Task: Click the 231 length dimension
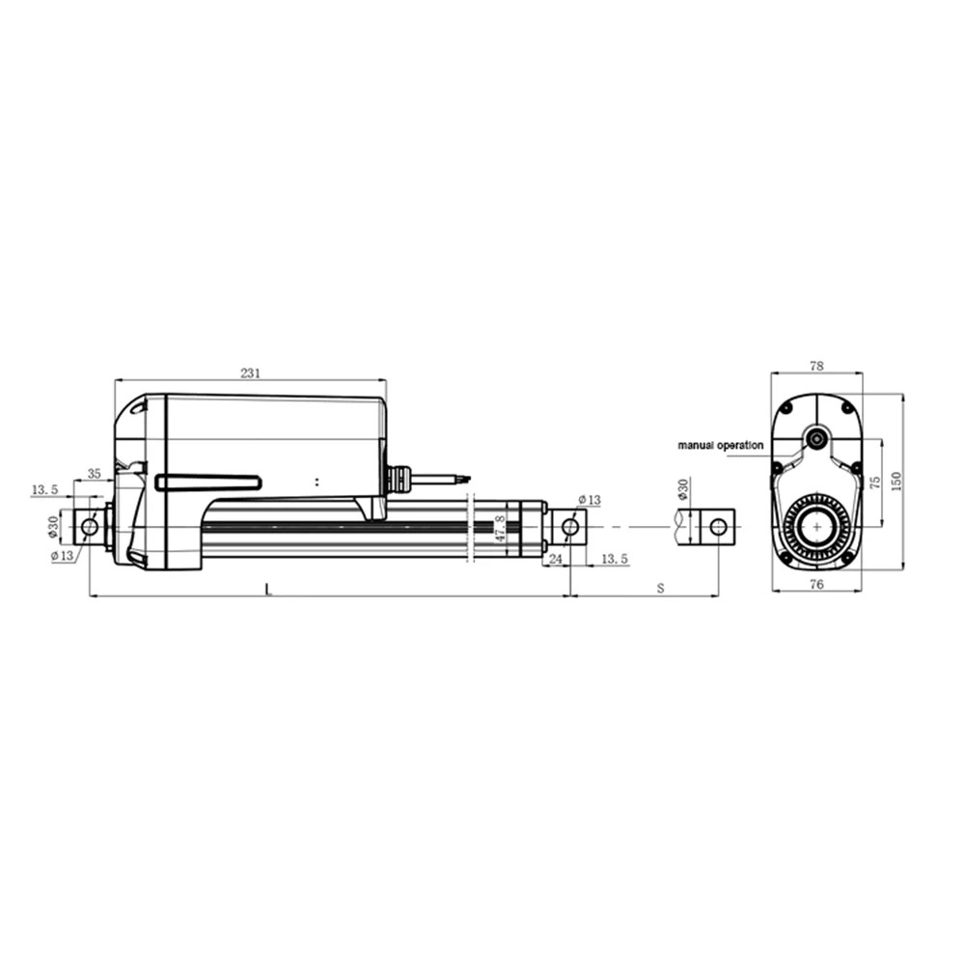250,372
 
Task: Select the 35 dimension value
95,474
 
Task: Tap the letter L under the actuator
269,589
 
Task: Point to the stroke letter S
661,588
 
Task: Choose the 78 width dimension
816,366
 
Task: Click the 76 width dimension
816,585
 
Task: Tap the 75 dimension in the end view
875,482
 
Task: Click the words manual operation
720,446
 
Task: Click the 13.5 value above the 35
45,490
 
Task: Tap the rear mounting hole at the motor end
90,527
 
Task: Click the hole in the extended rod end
718,527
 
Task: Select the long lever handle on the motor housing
207,482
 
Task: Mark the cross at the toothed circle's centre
817,527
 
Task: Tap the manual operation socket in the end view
818,440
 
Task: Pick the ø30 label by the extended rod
682,491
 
